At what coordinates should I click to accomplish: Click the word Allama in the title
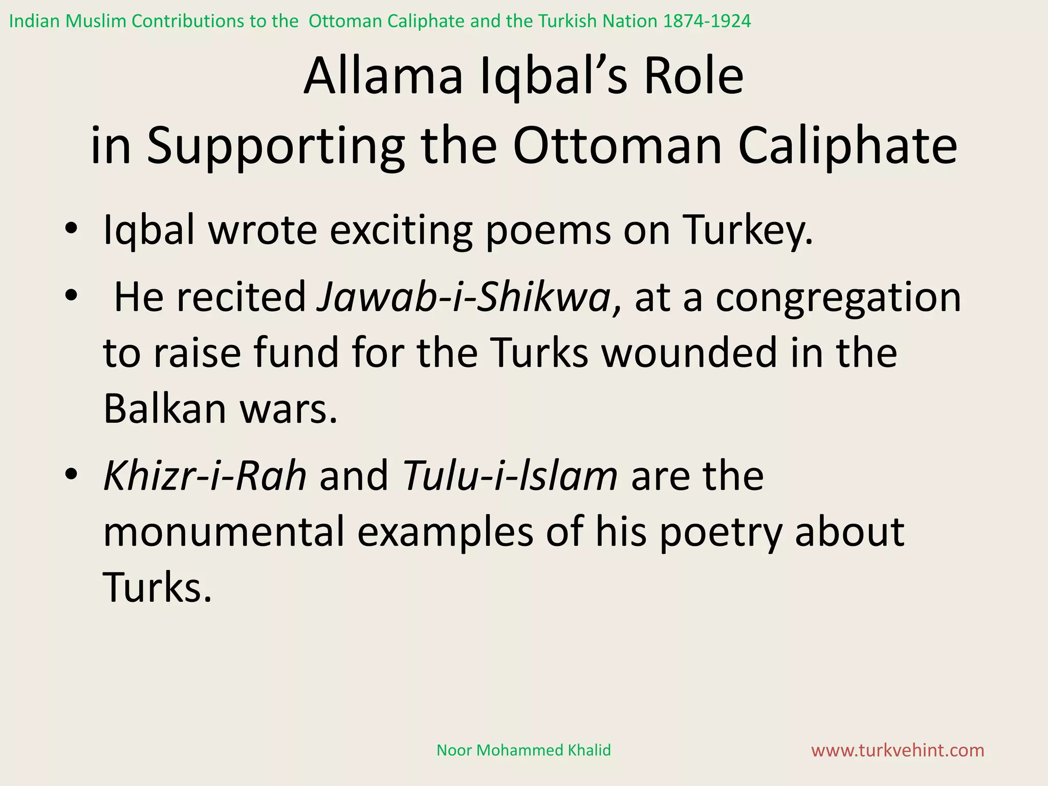[x=383, y=77]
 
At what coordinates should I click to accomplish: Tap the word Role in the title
[x=693, y=77]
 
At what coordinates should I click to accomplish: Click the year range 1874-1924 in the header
[x=707, y=21]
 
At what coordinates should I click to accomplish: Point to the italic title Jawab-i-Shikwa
[x=464, y=297]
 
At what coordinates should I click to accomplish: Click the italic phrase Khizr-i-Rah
[x=205, y=476]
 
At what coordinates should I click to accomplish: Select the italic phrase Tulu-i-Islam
[x=510, y=476]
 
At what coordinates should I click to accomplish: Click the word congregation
[x=838, y=298]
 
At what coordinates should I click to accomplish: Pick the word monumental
[x=224, y=532]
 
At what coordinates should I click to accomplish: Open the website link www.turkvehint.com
[x=898, y=750]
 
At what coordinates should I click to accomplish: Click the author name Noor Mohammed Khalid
[x=523, y=750]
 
